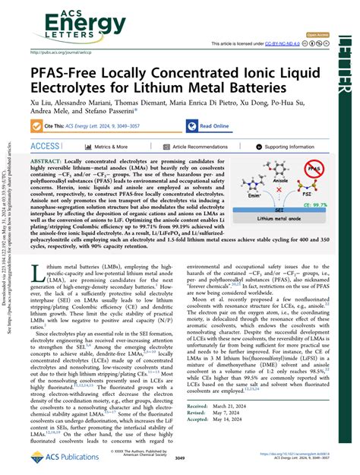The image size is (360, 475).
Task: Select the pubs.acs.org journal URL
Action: point(61,52)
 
